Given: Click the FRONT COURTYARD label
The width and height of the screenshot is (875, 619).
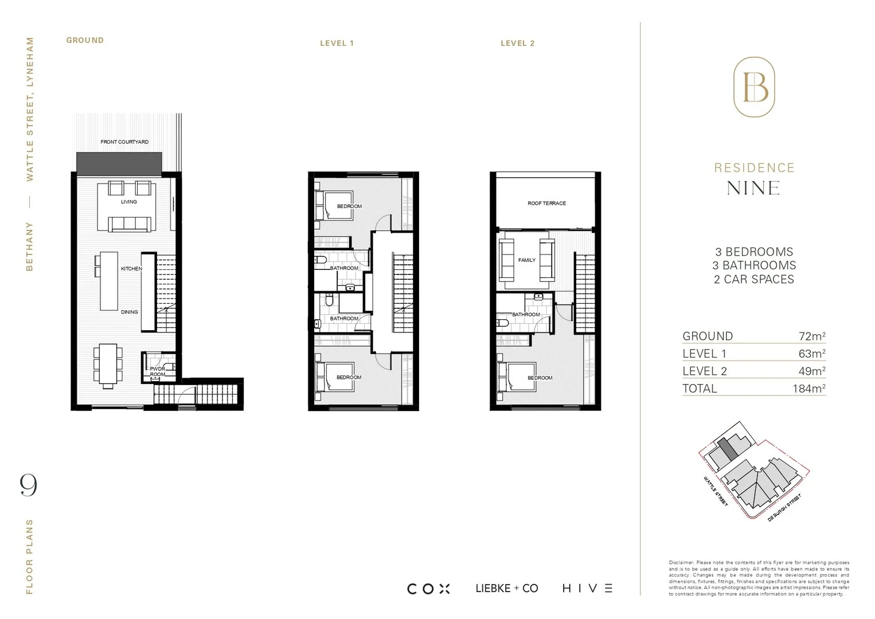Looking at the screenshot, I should point(124,142).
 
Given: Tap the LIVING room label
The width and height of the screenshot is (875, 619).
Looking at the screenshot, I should point(129,202).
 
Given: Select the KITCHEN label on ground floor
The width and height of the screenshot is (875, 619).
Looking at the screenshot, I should point(131,269).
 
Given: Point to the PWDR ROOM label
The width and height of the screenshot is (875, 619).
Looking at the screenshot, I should point(158,371).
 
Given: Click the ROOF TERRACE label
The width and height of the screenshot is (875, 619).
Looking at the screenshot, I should point(546,203).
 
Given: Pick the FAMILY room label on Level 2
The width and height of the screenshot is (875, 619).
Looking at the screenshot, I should point(526,260).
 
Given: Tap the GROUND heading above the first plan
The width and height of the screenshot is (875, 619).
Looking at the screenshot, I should point(85,40).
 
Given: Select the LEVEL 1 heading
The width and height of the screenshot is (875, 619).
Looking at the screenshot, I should point(337,43).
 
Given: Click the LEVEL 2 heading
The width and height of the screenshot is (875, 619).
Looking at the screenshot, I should point(517,43).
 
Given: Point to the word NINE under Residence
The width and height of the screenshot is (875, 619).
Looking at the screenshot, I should point(753,188).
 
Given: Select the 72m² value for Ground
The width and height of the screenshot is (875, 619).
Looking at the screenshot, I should point(811,336).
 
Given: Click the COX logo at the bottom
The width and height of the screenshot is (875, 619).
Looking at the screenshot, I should point(428,589).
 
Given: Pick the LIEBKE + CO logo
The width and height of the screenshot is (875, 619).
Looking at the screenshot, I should point(507,589).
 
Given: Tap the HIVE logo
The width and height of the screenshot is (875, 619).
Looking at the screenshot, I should point(587,589).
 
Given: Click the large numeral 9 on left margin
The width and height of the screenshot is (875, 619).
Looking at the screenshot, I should point(29,485).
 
